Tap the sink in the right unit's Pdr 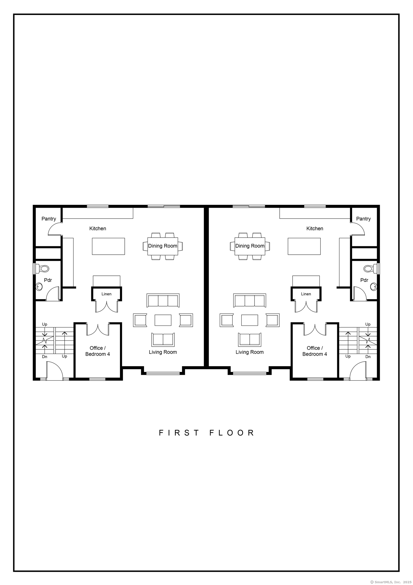373,287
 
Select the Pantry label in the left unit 49,219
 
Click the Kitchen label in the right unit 315,229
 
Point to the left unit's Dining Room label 163,246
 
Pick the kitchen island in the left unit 109,246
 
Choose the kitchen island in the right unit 304,246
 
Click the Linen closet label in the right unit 306,294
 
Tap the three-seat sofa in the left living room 163,300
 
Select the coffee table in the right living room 250,320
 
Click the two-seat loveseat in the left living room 163,340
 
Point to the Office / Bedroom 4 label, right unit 315,351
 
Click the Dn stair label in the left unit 45,357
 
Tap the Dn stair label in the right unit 368,357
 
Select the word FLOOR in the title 232,433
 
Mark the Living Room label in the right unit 250,352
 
